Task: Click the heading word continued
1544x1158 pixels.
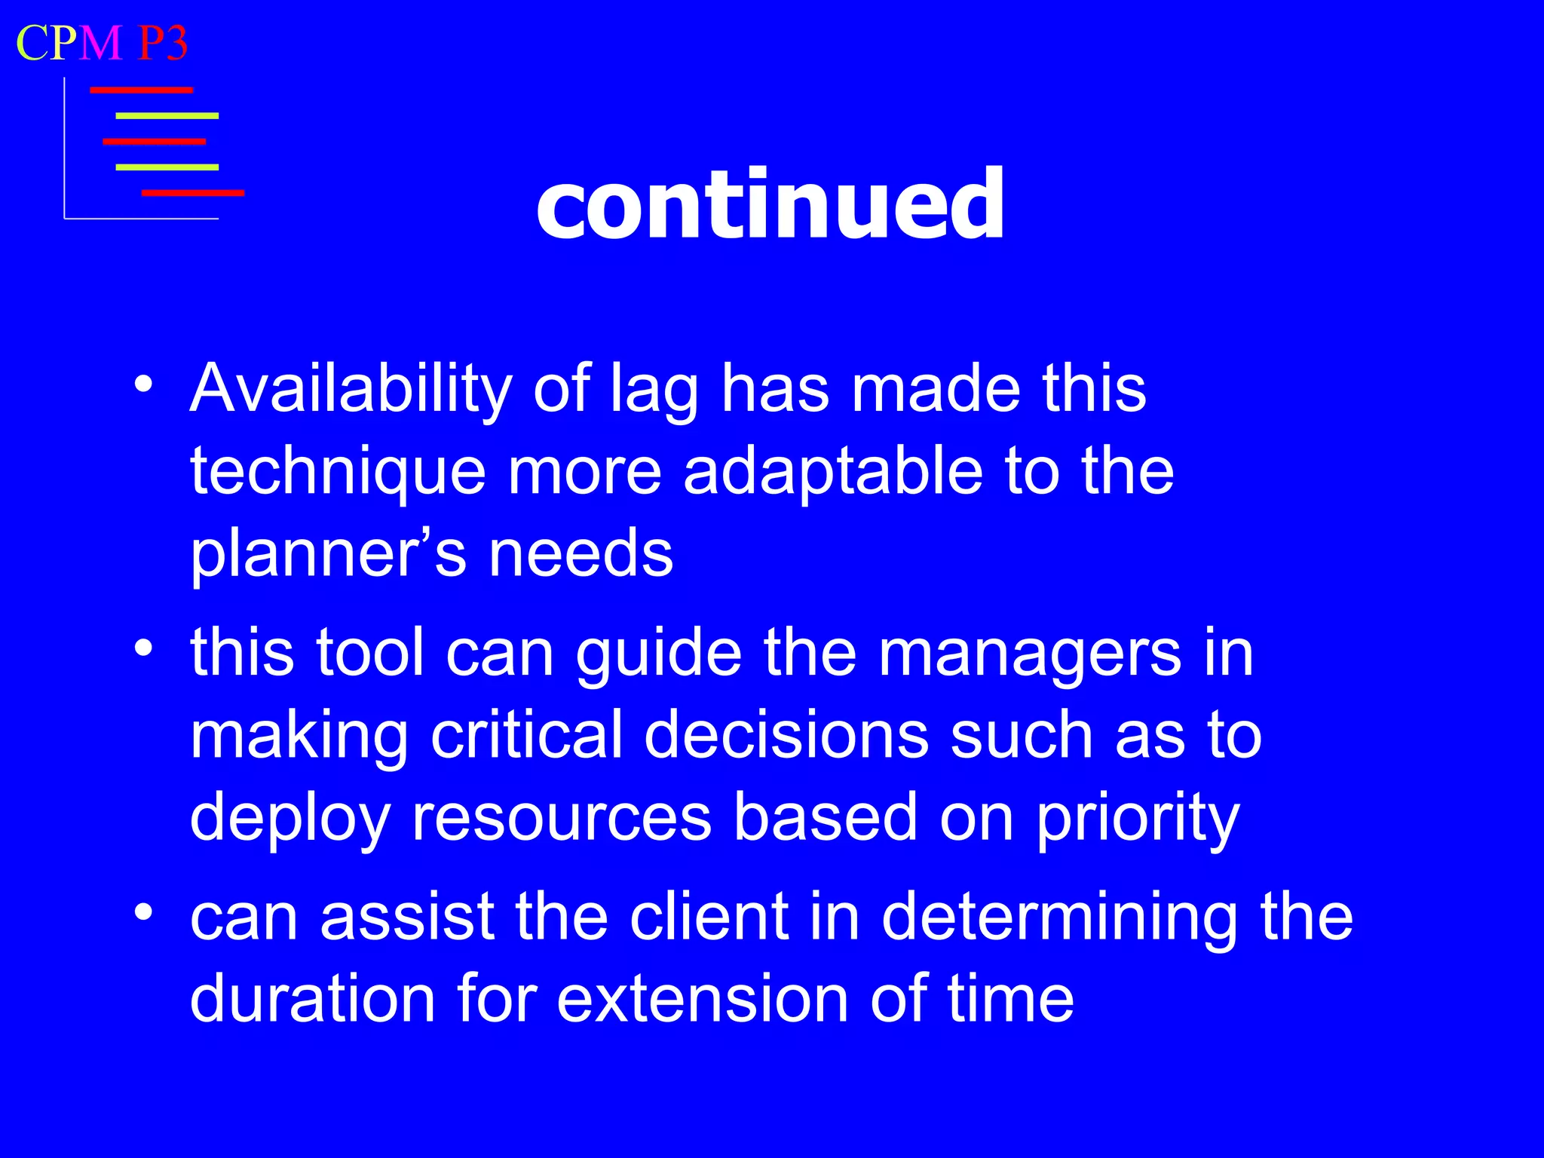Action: click(770, 205)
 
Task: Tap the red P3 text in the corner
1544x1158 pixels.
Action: click(162, 43)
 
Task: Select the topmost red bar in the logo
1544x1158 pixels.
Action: click(141, 90)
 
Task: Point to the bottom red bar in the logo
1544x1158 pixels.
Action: click(193, 193)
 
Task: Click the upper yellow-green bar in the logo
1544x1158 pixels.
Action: click(167, 116)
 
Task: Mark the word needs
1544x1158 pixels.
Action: click(581, 553)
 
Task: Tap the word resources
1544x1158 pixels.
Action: click(562, 817)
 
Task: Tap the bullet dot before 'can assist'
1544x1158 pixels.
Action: click(143, 912)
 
